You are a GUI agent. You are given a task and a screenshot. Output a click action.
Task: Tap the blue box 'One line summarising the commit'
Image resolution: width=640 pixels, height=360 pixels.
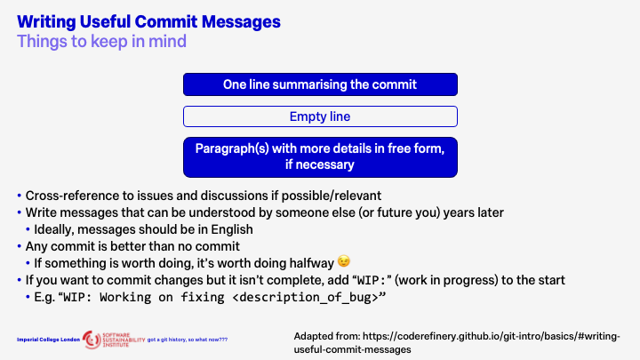[320, 84]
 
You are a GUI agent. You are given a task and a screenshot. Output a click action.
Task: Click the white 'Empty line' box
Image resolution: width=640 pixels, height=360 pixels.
[320, 116]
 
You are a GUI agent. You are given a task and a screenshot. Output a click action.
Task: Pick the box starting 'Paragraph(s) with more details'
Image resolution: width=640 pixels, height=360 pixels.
[320, 156]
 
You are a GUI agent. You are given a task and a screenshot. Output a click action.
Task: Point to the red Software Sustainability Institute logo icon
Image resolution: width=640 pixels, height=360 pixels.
[92, 339]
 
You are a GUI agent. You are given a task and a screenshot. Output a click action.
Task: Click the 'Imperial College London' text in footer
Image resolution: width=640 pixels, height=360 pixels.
[47, 340]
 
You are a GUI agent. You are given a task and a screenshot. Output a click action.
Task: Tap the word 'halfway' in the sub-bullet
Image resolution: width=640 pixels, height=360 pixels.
[252, 261]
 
